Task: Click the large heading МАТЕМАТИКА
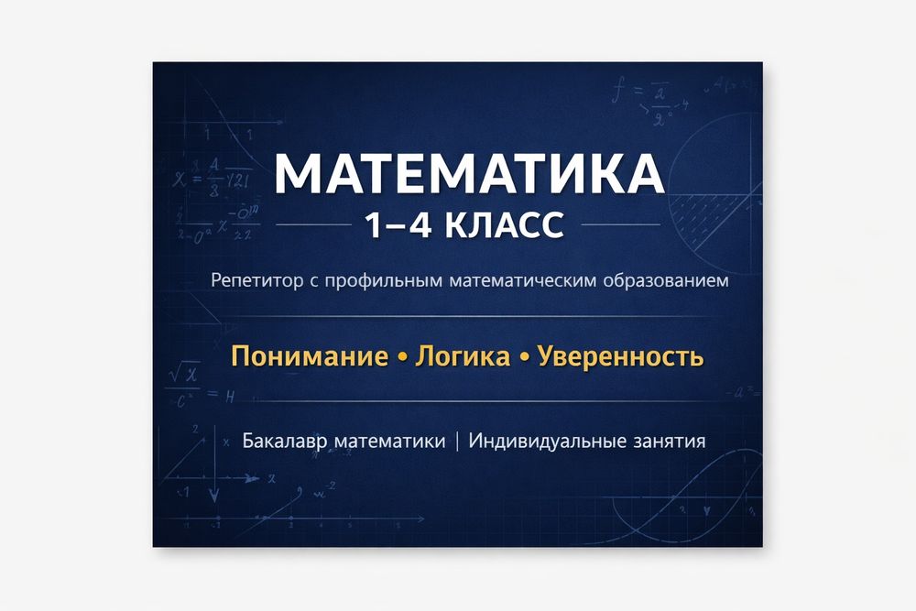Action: (x=470, y=174)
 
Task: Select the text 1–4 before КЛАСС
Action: (x=398, y=225)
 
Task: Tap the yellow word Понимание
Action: (x=308, y=356)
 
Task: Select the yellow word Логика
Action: (x=463, y=356)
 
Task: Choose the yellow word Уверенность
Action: (x=620, y=356)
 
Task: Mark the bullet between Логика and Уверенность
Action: (x=524, y=357)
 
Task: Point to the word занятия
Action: (x=669, y=442)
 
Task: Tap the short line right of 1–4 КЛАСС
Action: (x=620, y=224)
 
